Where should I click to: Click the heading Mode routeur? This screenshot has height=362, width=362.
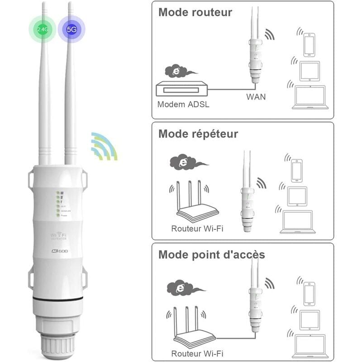(195, 12)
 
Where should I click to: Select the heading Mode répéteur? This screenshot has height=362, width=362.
(198, 134)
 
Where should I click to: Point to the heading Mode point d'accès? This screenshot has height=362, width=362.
(211, 254)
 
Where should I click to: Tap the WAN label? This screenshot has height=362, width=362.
(256, 96)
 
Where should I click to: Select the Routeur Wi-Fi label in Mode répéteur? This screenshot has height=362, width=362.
(197, 228)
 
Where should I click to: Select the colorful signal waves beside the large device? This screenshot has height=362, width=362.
(104, 146)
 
